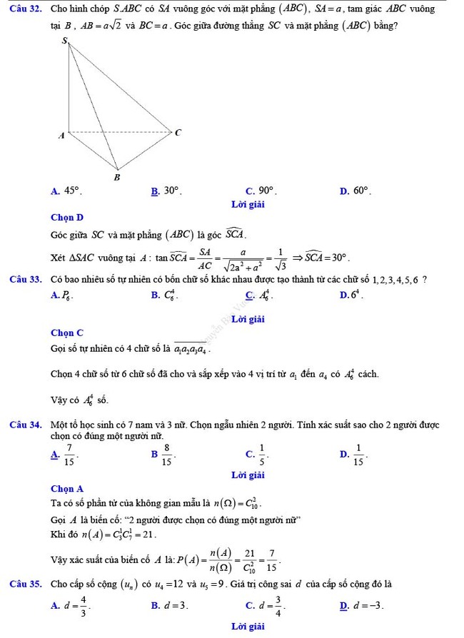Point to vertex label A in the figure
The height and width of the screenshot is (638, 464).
pos(61,134)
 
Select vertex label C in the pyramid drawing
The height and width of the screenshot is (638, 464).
pos(178,132)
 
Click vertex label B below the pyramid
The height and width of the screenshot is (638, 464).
pos(118,176)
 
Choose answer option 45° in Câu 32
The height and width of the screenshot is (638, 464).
pos(72,191)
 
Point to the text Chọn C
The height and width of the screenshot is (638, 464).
pos(67,333)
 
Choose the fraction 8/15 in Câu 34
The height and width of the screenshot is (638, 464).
pos(167,452)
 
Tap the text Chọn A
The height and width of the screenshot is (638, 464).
pos(67,489)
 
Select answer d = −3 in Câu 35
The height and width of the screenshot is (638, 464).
pos(373,606)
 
